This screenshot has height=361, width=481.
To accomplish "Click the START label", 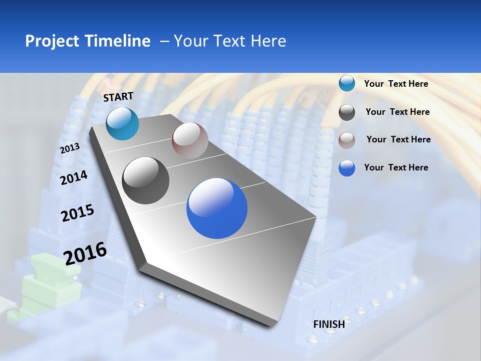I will point(118,97).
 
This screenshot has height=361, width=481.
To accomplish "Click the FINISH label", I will point(329,324).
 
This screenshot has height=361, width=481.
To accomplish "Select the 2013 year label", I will point(70,148).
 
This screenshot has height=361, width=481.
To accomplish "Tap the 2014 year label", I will point(74,177).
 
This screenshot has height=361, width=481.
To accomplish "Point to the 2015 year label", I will point(78,213).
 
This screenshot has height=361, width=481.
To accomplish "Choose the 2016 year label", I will point(85,253).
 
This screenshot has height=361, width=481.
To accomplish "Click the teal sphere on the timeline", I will point(122,123).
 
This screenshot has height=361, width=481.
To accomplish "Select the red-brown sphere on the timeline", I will point(190,140).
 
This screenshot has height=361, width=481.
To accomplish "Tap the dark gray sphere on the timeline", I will point(145,180).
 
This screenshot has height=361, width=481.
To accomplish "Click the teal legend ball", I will point(347,83).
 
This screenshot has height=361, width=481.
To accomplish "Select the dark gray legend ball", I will point(347,112).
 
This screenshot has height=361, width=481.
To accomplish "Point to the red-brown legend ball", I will point(347,140).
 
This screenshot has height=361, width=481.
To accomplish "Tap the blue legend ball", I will point(347,168).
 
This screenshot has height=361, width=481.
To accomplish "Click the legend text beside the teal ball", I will point(396,84).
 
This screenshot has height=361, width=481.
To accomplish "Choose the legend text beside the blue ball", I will point(396,167).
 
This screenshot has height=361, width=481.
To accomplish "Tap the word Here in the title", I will point(268,41).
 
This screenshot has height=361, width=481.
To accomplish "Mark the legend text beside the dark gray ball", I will point(397,112).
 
